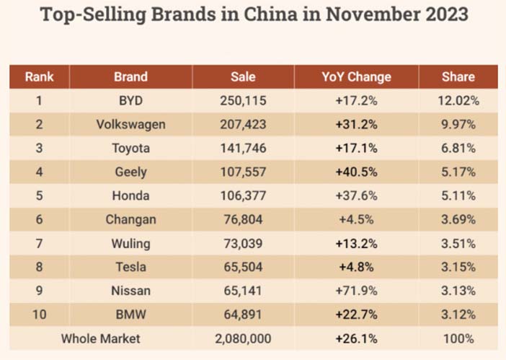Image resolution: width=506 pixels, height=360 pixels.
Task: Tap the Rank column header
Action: coord(40,77)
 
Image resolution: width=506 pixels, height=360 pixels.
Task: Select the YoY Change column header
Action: coord(356,77)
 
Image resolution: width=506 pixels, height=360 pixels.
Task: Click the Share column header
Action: coord(458,77)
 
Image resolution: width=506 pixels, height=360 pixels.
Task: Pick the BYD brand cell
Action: coord(130,101)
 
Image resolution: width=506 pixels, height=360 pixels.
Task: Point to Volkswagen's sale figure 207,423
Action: coord(243,125)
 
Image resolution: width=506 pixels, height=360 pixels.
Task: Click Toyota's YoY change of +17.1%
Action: coord(356,148)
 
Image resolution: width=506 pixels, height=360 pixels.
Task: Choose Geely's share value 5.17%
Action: coord(458,172)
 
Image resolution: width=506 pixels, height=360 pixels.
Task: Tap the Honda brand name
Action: coord(130,196)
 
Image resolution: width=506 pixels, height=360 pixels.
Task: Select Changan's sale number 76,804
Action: coord(243,219)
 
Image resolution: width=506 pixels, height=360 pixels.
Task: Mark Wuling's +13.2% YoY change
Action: coord(356,243)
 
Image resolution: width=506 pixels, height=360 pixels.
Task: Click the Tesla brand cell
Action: coord(130,267)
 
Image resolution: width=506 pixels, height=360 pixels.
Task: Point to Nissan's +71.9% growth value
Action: coord(356,291)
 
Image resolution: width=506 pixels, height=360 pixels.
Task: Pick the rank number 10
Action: coord(40,315)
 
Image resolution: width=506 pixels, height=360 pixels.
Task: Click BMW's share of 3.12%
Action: coord(458,315)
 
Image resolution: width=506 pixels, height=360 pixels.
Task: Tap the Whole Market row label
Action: coord(101,338)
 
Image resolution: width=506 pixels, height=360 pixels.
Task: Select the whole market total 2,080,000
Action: coord(243,338)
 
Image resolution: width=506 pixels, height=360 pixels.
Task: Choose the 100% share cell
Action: coord(458,338)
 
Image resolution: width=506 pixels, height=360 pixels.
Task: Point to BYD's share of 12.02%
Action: coord(458,101)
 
